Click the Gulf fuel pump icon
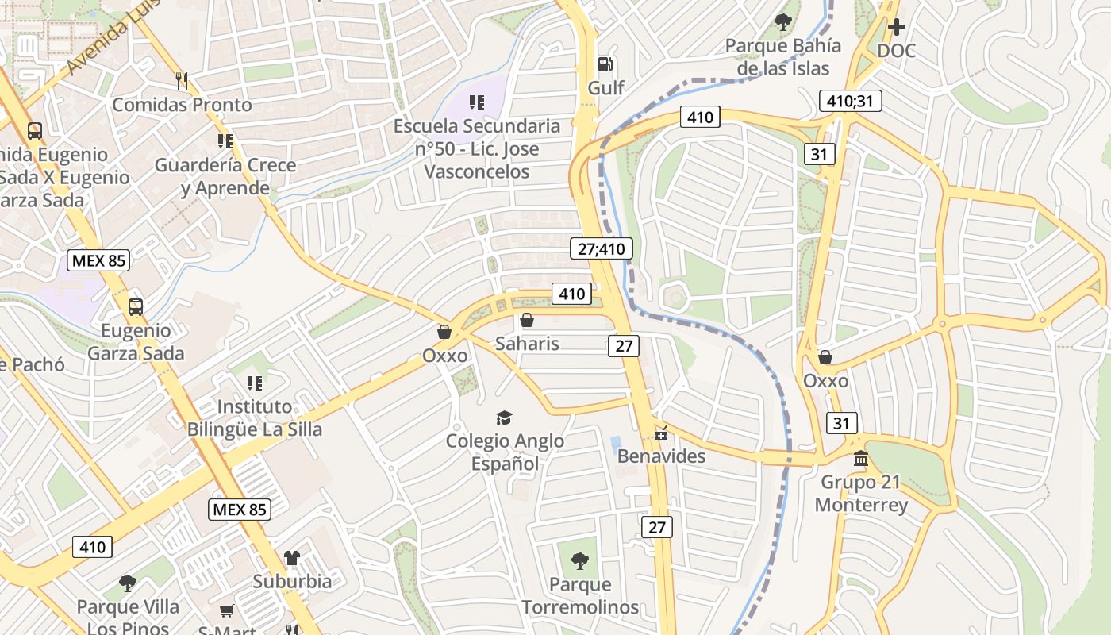(x=605, y=63)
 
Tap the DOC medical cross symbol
(x=897, y=28)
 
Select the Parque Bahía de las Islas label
(x=782, y=57)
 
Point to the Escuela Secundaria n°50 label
(x=477, y=148)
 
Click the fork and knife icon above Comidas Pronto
(x=182, y=79)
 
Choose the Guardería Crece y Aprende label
(x=225, y=176)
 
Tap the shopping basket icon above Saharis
(x=527, y=321)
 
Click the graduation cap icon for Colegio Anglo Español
(x=504, y=418)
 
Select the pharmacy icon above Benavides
(x=661, y=433)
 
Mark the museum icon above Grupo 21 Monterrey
(x=861, y=459)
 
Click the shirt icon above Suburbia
(x=292, y=558)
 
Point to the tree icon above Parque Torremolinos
(x=580, y=561)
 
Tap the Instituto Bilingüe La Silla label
(x=255, y=418)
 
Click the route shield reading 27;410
(x=602, y=248)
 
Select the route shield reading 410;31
(x=849, y=101)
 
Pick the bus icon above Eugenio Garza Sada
(x=136, y=307)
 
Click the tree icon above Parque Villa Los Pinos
(x=128, y=584)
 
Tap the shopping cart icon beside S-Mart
(x=227, y=610)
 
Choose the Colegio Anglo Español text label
(x=505, y=452)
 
